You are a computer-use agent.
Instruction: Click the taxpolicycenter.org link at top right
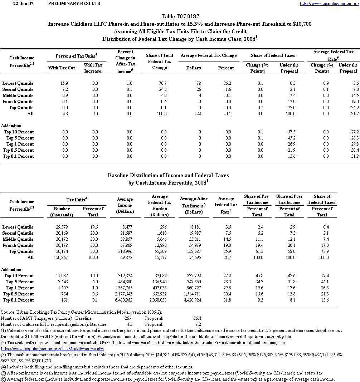[x=329, y=4]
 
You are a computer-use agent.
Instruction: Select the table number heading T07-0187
[x=180, y=16]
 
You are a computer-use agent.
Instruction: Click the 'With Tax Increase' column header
[x=93, y=68]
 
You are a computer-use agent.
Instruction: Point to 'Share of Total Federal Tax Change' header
[x=160, y=62]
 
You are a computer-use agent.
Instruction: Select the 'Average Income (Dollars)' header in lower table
[x=125, y=205]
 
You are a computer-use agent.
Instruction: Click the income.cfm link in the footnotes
[x=53, y=349]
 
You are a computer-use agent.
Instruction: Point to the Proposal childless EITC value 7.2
[x=197, y=324]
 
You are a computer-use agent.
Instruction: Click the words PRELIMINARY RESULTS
[x=74, y=4]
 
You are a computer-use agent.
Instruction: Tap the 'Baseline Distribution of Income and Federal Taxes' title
[x=168, y=176]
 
